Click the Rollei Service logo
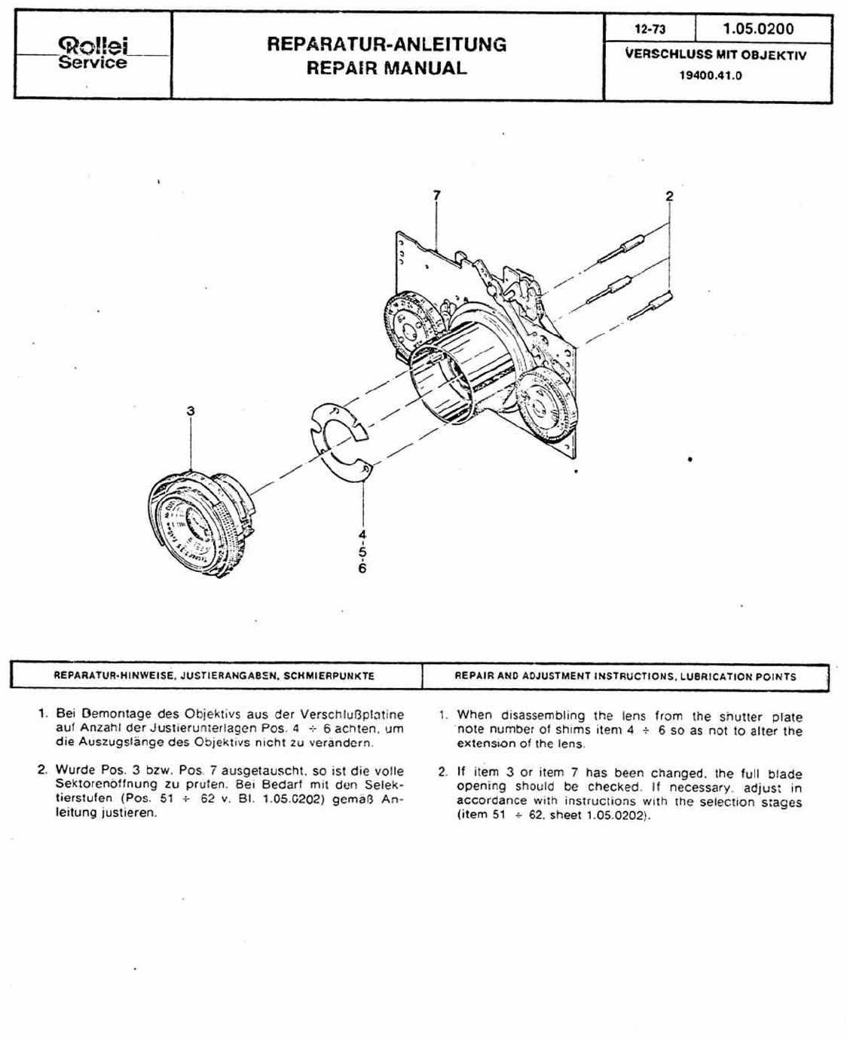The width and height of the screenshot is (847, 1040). tap(93, 54)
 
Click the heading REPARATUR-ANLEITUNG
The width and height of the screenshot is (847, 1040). tap(387, 44)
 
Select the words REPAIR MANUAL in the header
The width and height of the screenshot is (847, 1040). tap(387, 68)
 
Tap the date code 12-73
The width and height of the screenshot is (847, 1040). tap(650, 29)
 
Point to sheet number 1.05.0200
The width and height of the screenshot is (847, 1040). tap(758, 29)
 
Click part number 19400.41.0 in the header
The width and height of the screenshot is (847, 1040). tap(710, 75)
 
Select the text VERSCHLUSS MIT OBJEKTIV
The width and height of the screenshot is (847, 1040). tap(715, 55)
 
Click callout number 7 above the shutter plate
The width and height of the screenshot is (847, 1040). tap(436, 195)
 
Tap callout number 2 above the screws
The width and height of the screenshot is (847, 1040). tap(669, 197)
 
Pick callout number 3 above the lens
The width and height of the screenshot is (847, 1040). tap(191, 411)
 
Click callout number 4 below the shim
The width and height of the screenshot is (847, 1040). tap(362, 534)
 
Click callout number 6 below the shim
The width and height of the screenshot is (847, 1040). tap(362, 568)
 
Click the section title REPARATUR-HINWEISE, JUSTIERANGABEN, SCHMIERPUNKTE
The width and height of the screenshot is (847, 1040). tap(214, 676)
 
